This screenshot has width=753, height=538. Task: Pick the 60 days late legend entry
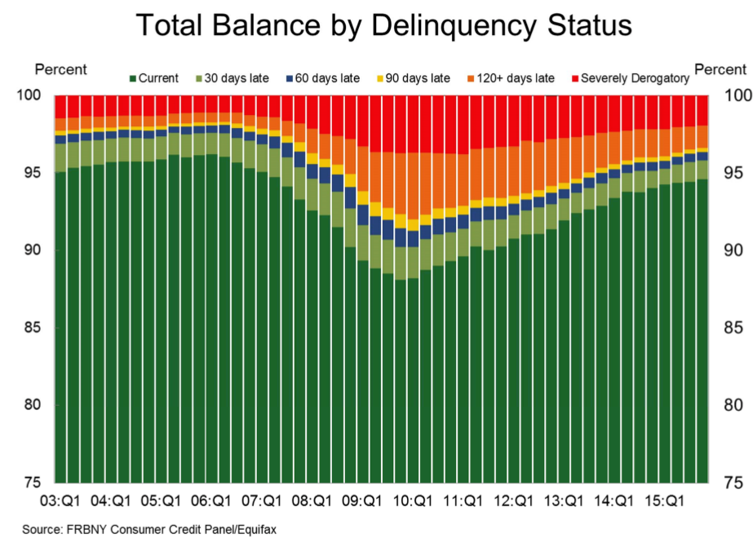tap(323, 78)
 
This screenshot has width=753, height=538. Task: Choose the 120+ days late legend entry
tap(512, 78)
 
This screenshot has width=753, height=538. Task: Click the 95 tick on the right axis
tap(733, 174)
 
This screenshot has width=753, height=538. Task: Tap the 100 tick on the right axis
tap(736, 96)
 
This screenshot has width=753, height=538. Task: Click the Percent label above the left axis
tap(60, 70)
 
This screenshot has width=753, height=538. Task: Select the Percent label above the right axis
tap(719, 70)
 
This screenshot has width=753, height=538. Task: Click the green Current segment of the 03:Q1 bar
tap(60, 326)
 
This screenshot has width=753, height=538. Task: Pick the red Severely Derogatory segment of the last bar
tap(702, 110)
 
